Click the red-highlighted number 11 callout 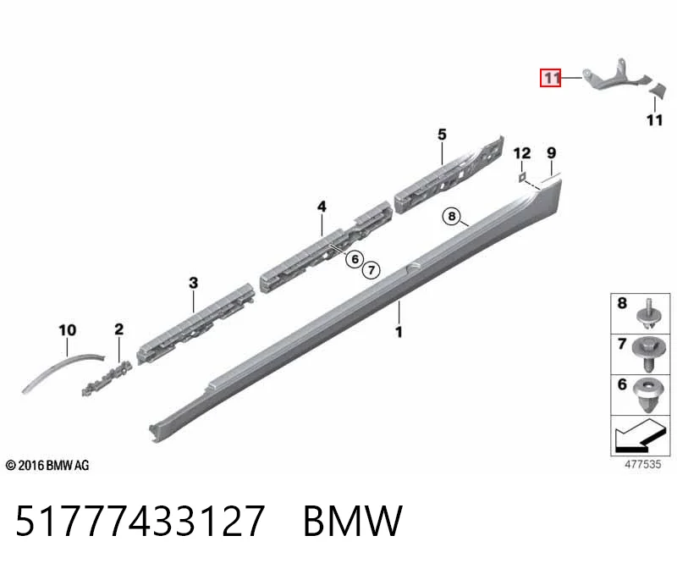tap(551, 78)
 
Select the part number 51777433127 tap(140, 520)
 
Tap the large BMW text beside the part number tap(353, 521)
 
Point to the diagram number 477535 tap(642, 465)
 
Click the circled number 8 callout tap(452, 216)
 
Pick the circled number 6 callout tap(355, 259)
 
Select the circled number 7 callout tap(372, 270)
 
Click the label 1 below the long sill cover tap(399, 332)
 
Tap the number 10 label tap(68, 330)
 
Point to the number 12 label tap(522, 153)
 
